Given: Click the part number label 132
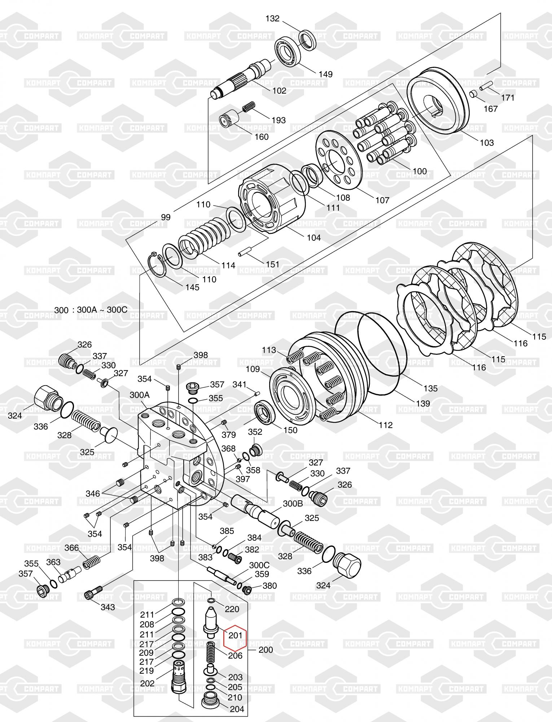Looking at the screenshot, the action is [272, 18].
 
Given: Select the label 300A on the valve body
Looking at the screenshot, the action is [140, 395].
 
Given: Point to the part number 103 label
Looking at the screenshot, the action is [486, 143].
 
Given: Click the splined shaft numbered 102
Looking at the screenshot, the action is [242, 80].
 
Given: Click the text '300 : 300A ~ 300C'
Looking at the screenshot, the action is [91, 310].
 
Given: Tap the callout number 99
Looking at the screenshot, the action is [166, 217].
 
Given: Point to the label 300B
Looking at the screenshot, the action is [293, 504].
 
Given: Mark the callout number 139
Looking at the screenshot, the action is [423, 403].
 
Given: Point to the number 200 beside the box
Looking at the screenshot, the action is [266, 650].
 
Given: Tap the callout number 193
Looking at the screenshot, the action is [278, 120].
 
